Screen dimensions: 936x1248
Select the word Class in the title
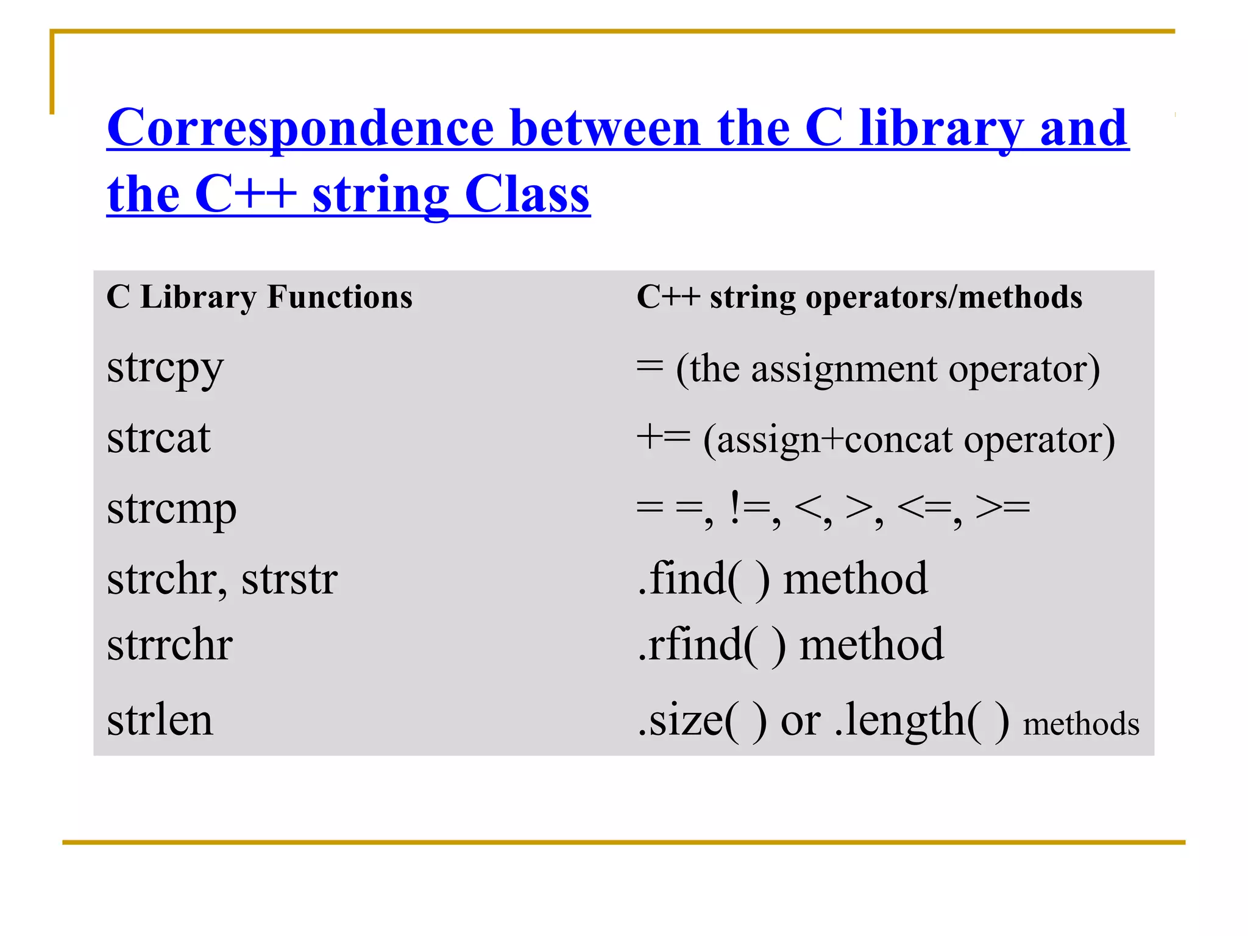[x=526, y=194]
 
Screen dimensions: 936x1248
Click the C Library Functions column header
[x=259, y=297]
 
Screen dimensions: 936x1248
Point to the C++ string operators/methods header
[x=859, y=297]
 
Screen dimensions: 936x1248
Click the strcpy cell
[x=165, y=368]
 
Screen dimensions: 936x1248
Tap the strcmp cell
[x=171, y=509]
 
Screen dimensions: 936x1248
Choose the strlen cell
[x=160, y=720]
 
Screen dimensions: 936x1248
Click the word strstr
[x=289, y=578]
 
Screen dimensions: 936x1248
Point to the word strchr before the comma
[x=161, y=578]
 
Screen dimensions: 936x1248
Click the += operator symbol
[x=663, y=438]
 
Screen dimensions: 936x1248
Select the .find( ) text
[x=703, y=578]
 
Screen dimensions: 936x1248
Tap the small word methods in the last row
[x=1080, y=725]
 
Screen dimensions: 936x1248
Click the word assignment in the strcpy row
[x=843, y=369]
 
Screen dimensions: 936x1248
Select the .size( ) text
[x=701, y=720]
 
